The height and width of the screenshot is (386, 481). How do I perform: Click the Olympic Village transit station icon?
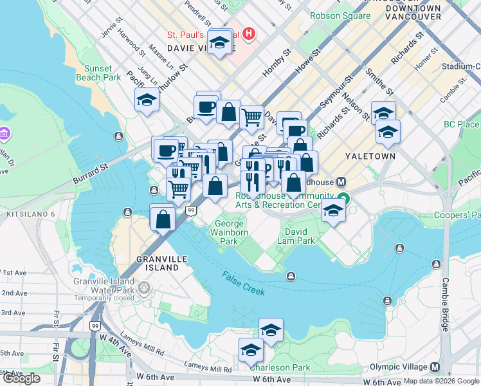pyautogui.click(x=435, y=367)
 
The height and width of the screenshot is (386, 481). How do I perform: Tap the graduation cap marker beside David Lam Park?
pyautogui.click(x=333, y=211)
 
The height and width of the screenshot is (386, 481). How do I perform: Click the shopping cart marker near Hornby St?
pyautogui.click(x=251, y=117)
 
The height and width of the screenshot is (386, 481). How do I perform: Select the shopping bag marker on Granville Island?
pyautogui.click(x=163, y=217)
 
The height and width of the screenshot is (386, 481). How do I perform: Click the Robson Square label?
pyautogui.click(x=340, y=15)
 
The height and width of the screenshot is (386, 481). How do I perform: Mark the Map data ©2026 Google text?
pyautogui.click(x=440, y=381)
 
